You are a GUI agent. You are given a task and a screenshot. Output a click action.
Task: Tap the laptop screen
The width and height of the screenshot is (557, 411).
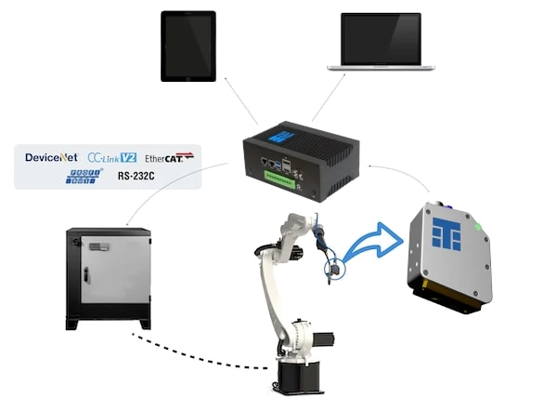(381, 35)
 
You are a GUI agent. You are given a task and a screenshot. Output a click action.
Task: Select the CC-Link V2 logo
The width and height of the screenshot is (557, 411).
(111, 156)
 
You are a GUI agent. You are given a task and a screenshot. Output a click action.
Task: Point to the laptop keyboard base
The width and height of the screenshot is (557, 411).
(382, 66)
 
